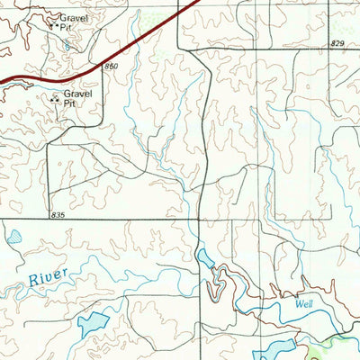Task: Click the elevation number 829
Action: coord(337,43)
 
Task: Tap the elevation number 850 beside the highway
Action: coord(111,67)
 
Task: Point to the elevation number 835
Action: coord(59,214)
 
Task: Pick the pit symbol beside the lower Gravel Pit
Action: coord(56,98)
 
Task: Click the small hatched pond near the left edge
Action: coord(14,238)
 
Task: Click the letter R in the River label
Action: coord(32,283)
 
